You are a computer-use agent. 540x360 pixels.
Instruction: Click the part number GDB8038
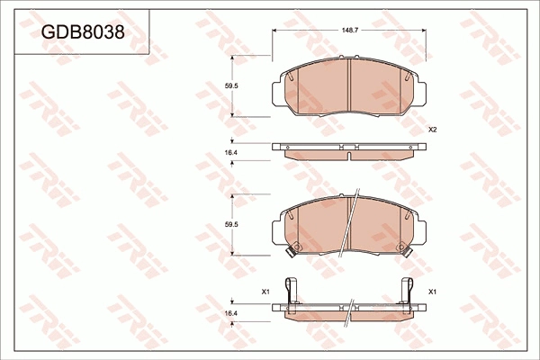pyautogui.click(x=82, y=32)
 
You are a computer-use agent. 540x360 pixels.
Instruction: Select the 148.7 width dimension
pyautogui.click(x=348, y=31)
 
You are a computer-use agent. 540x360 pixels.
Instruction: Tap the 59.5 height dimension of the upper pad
pyautogui.click(x=231, y=86)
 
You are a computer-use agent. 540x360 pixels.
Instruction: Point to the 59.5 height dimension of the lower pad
pyautogui.click(x=231, y=224)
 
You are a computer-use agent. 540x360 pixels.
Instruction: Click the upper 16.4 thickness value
pyautogui.click(x=231, y=154)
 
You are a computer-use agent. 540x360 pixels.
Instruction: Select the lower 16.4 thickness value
pyautogui.click(x=231, y=311)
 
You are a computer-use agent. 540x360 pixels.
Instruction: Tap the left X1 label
pyautogui.click(x=265, y=292)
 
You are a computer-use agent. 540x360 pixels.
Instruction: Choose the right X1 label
pyautogui.click(x=432, y=292)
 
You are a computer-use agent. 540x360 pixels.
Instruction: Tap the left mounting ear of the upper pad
pyautogui.click(x=277, y=89)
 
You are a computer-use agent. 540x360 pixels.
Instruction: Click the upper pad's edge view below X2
pyautogui.click(x=348, y=150)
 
